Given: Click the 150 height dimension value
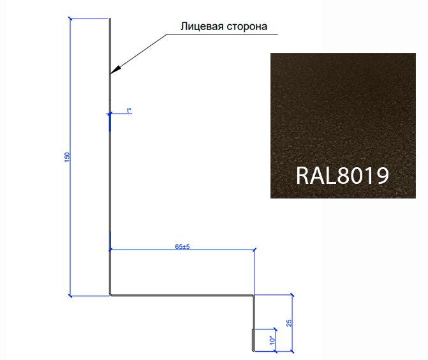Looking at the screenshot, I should click(67, 157).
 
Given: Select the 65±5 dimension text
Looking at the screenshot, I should click(182, 246).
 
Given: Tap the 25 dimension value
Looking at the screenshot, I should click(288, 323).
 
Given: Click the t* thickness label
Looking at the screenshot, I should click(129, 110).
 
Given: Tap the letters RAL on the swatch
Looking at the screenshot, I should click(316, 175).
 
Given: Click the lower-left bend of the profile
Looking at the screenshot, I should click(110, 295).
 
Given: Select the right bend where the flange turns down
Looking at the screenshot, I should click(254, 296).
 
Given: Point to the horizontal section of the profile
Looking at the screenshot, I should click(182, 296).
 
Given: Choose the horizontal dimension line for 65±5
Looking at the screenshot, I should click(182, 250).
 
